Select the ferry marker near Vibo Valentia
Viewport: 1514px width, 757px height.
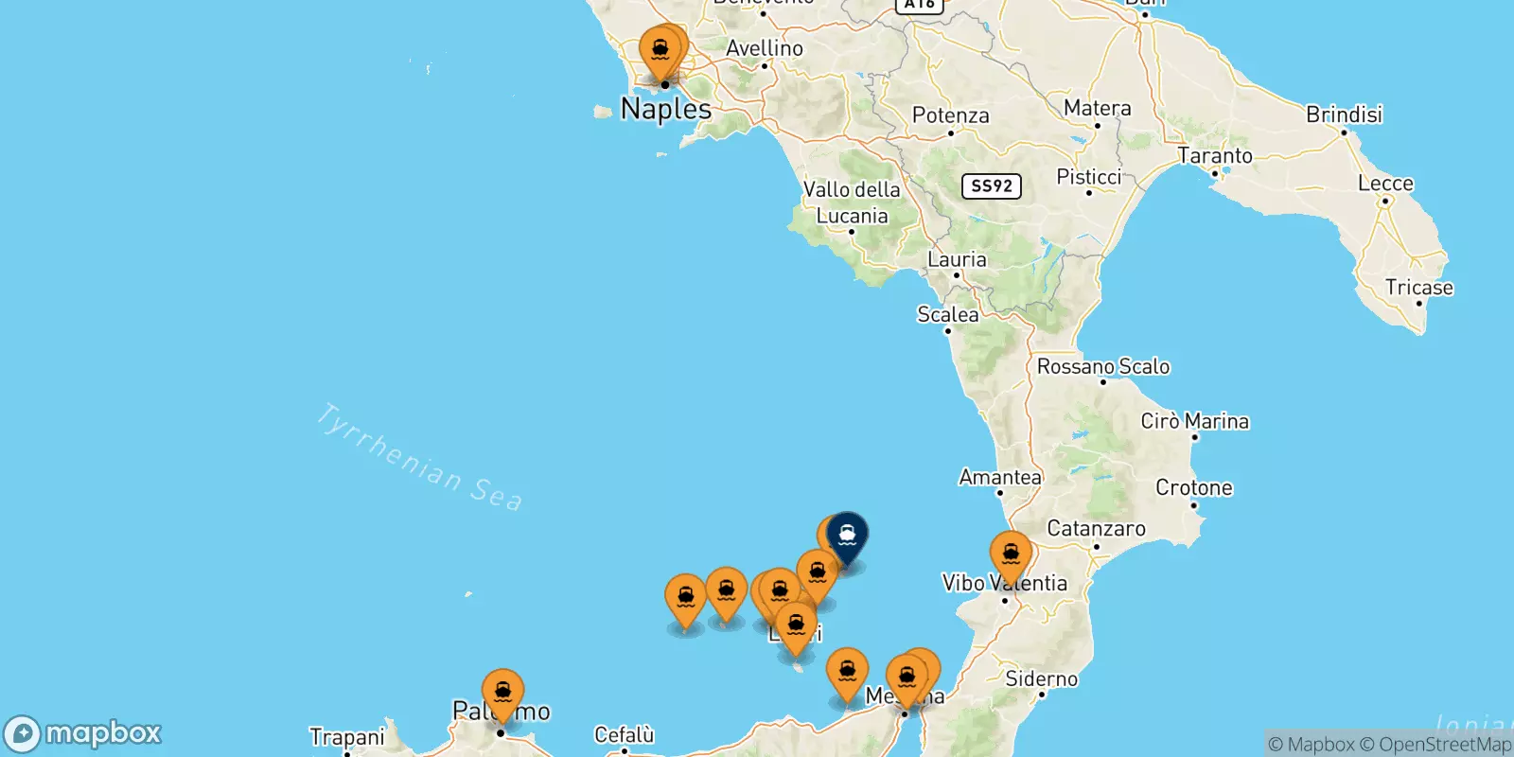click(1011, 555)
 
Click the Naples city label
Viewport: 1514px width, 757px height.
click(666, 110)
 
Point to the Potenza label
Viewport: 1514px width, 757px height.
click(950, 115)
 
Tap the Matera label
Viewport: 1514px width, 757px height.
click(1097, 108)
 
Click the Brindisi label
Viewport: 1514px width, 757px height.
click(1344, 114)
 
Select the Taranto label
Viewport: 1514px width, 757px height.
click(1214, 155)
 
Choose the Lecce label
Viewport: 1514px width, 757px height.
click(1385, 184)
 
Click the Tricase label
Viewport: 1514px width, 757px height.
click(1418, 288)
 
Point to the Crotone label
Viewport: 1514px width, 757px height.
click(1193, 488)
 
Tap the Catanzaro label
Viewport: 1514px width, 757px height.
click(1096, 529)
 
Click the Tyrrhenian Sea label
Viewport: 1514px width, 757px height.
click(418, 458)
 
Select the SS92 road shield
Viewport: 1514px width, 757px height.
click(991, 185)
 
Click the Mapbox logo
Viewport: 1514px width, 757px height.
click(83, 733)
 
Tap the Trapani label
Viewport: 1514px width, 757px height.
click(347, 737)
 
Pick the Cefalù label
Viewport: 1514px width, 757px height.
click(624, 735)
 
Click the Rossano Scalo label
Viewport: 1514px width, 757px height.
click(1103, 367)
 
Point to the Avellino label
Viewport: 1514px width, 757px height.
click(765, 48)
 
